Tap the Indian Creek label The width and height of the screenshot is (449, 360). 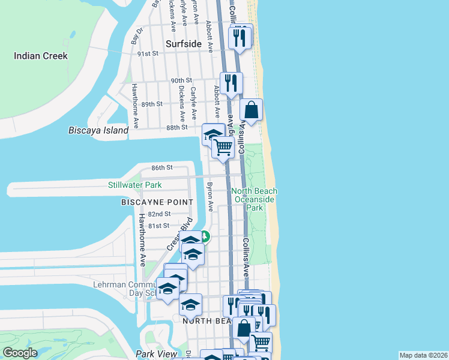pyautogui.click(x=41, y=56)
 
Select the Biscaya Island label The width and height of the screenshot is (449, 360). pyautogui.click(x=98, y=130)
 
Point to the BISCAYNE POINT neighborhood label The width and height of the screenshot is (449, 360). pyautogui.click(x=157, y=202)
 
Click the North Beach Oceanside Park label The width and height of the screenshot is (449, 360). pyautogui.click(x=255, y=199)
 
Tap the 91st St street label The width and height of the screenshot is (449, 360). pyautogui.click(x=147, y=53)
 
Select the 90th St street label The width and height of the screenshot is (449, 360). pyautogui.click(x=181, y=80)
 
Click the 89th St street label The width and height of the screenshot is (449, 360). pyautogui.click(x=152, y=104)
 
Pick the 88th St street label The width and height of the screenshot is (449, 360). pyautogui.click(x=177, y=127)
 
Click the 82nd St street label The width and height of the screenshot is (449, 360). pyautogui.click(x=159, y=214)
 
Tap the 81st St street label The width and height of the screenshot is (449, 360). pyautogui.click(x=159, y=226)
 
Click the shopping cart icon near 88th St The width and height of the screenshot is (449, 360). pyautogui.click(x=223, y=146)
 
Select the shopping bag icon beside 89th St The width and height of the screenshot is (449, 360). pyautogui.click(x=251, y=110)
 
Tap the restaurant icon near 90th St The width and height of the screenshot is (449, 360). pyautogui.click(x=231, y=82)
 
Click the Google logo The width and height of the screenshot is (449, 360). pyautogui.click(x=20, y=353)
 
